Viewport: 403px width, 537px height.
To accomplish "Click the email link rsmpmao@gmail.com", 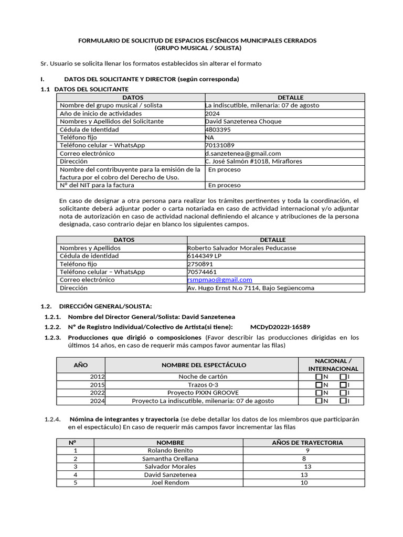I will tap(219, 280).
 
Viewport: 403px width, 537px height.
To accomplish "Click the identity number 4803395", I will tap(217, 130).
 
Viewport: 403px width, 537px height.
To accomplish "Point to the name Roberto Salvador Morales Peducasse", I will tap(241, 248).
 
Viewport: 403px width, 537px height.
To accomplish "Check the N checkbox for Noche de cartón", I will tap(319, 377).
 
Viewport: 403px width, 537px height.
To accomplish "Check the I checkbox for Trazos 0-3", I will tap(343, 385).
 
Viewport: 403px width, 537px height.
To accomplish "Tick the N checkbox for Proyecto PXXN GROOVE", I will tap(319, 393).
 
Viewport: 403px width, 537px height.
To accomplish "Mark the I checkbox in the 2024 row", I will tap(343, 401).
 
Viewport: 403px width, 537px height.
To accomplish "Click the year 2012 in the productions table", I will tap(98, 377).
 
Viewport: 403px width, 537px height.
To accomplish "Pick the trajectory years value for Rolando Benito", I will tap(307, 450).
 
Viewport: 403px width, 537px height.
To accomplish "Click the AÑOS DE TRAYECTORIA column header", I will tap(307, 443).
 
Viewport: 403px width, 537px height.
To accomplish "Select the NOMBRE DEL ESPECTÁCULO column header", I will tap(203, 365).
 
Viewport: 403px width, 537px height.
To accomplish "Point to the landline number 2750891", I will tap(200, 264).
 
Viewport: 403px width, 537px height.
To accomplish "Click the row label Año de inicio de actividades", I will tap(100, 113).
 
